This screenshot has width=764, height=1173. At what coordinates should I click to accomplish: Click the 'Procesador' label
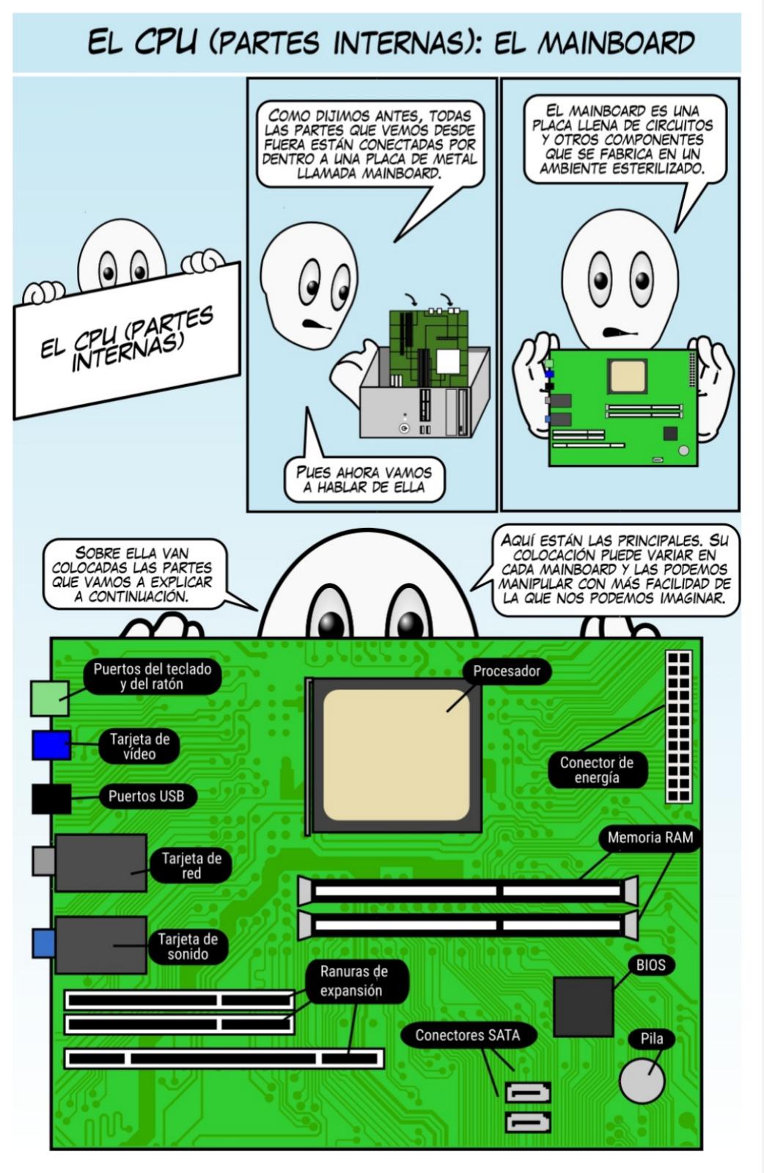point(506,671)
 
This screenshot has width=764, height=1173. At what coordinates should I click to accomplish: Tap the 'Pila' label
point(651,1038)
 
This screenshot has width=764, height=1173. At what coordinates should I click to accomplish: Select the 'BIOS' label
point(650,964)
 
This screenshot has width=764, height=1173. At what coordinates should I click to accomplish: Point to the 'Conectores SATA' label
point(467,1035)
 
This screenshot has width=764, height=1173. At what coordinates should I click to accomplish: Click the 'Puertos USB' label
point(146,796)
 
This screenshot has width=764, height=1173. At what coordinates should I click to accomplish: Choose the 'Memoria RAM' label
point(650,838)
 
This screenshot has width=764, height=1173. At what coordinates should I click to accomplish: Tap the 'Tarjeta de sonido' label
point(188,946)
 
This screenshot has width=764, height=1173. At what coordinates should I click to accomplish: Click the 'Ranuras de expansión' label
point(353,981)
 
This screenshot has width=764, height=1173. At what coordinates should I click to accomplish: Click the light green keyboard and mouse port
point(49,698)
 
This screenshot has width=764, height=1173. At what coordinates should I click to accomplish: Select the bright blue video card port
point(51,745)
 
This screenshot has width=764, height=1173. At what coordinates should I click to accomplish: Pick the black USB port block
point(51,798)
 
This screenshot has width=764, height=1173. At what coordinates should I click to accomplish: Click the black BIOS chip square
point(583,1006)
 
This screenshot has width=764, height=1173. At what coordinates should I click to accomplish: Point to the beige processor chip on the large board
point(396,754)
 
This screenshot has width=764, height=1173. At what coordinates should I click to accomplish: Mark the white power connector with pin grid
point(678,726)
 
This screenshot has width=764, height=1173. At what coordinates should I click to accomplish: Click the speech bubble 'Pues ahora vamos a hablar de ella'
point(364,479)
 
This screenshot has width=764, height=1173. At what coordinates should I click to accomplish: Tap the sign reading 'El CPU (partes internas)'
point(126,339)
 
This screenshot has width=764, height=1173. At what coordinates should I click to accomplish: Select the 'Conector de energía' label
point(597,770)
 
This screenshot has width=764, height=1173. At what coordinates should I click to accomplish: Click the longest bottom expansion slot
point(224,1058)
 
